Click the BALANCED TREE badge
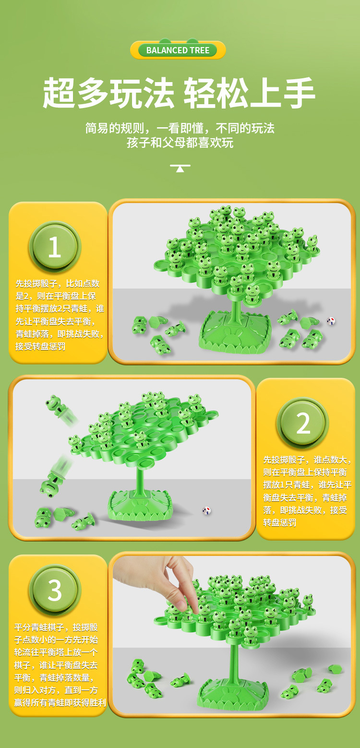tap(178, 50)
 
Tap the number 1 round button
tap(55, 247)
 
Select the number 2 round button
tap(303, 423)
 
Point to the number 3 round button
tap(55, 590)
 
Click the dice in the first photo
tap(331, 321)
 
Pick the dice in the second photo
tap(206, 510)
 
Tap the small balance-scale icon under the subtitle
tap(180, 168)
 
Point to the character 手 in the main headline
tap(299, 93)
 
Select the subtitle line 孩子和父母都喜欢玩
tap(180, 143)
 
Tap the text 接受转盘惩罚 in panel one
tap(40, 346)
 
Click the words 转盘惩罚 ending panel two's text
tap(279, 523)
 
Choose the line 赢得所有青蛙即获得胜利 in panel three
tap(60, 702)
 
